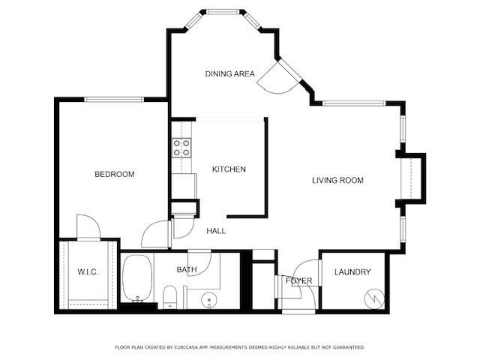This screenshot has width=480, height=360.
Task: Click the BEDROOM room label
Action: [114, 175]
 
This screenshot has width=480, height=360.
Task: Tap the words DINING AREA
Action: [230, 73]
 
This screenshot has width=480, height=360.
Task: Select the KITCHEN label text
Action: [229, 169]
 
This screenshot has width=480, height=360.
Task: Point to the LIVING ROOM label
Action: [337, 180]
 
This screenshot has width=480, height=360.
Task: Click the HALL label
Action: [217, 231]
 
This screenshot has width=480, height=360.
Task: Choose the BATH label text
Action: [186, 269]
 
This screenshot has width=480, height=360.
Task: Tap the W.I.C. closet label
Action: [88, 271]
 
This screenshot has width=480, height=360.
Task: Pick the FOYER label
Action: [298, 280]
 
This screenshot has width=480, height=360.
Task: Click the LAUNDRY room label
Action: [352, 271]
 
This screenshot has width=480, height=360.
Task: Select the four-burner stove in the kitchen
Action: [181, 148]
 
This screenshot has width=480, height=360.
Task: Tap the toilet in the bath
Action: [169, 295]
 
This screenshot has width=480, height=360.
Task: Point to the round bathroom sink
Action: [207, 301]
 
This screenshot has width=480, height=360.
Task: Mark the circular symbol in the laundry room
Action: [371, 298]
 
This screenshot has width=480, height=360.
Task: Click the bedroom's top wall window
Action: [113, 99]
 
